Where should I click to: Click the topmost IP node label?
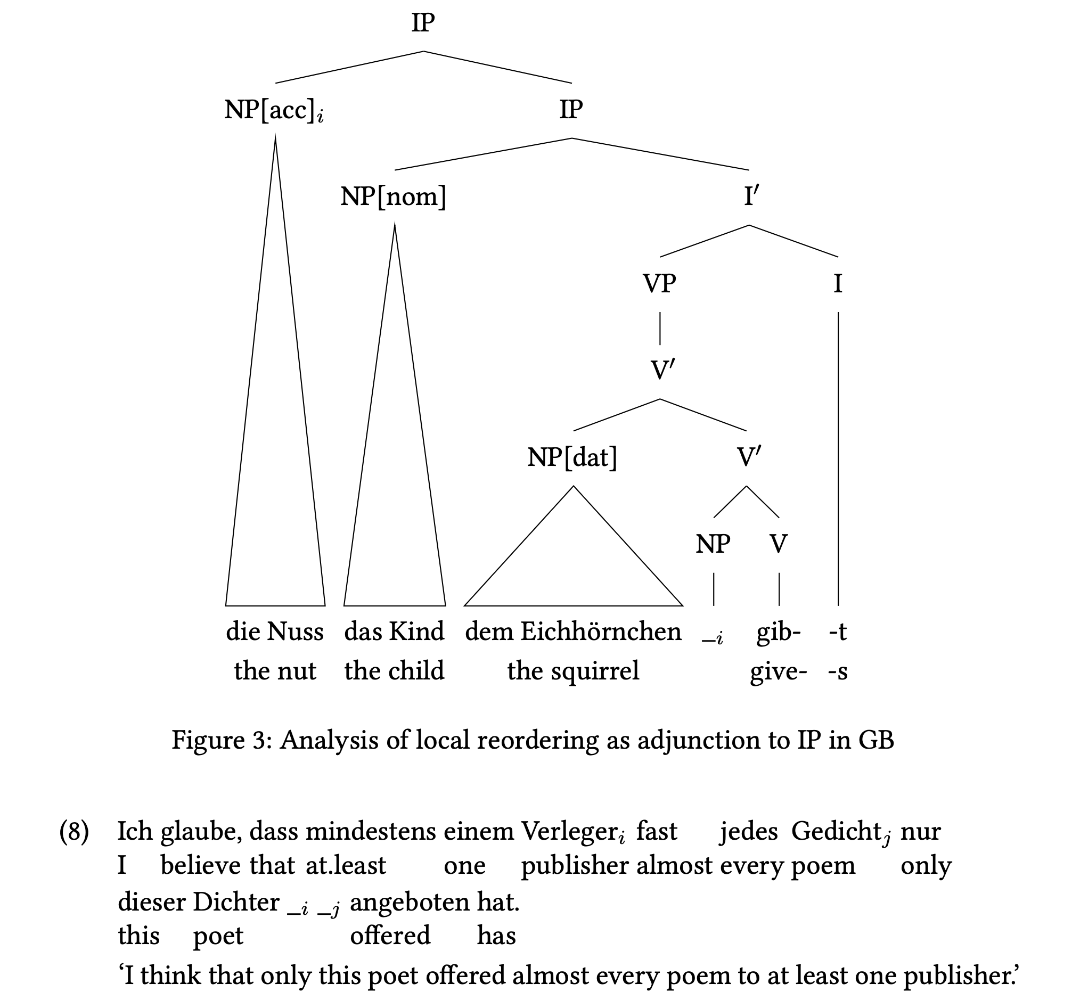coord(423,23)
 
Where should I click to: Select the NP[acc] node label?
coord(274,111)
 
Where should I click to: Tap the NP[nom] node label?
coord(394,196)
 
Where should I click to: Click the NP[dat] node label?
coord(572,458)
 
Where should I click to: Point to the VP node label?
coord(659,284)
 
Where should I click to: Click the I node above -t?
coord(838,284)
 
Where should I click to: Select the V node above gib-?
coord(779,544)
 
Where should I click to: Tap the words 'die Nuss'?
coord(275,632)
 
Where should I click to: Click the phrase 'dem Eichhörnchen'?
coord(573,632)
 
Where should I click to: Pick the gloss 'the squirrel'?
coord(573,671)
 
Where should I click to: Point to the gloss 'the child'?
coord(395,670)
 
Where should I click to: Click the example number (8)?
coord(74,832)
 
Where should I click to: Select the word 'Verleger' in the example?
coord(569,832)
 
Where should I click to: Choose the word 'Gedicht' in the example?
coord(836,831)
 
